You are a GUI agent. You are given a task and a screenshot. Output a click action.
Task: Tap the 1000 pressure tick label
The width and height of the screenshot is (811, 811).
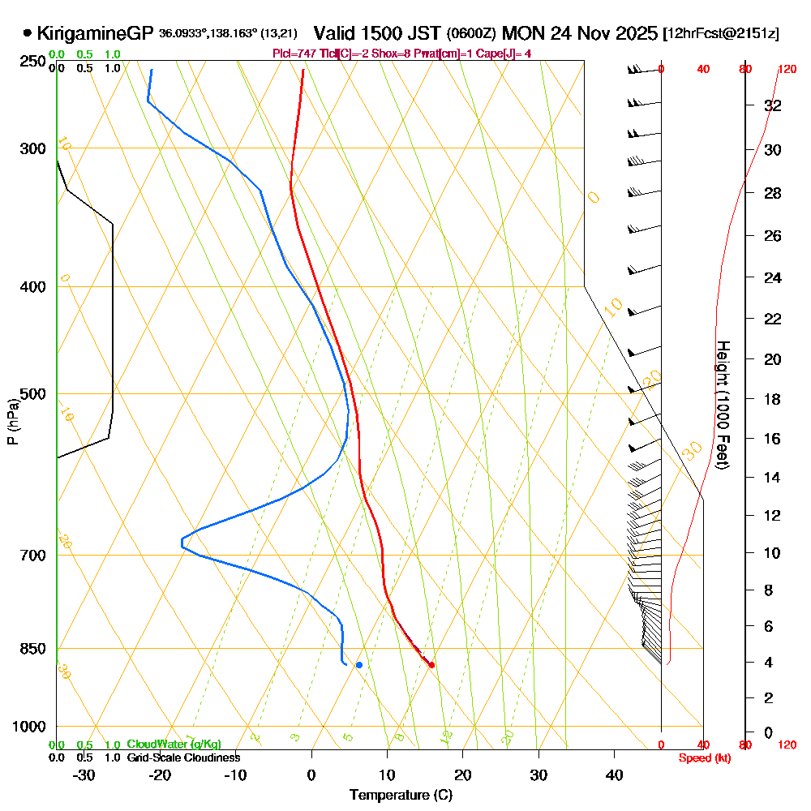pos(28,727)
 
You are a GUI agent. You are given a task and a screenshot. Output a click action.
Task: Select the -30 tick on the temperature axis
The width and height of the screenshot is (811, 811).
pos(84,775)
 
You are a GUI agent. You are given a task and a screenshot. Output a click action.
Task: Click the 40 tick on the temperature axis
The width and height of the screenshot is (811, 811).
pos(615,775)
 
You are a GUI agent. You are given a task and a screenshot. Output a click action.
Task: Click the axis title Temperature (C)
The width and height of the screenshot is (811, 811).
pos(401,795)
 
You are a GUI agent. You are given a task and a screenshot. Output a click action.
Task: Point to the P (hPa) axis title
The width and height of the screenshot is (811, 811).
pos(13,420)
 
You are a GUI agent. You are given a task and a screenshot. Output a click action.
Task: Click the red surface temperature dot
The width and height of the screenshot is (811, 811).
pos(431,665)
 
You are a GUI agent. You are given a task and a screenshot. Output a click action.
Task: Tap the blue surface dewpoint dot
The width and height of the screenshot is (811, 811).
pos(358,665)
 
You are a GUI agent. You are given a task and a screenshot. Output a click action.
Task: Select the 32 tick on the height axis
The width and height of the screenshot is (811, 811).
pos(773,105)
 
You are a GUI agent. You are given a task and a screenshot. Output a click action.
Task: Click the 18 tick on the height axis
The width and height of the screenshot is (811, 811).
pos(773,399)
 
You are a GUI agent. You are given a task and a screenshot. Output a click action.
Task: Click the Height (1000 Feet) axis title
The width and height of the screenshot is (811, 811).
pos(723,404)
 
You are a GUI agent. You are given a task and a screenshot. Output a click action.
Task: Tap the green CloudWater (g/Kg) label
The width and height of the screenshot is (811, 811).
pos(174,744)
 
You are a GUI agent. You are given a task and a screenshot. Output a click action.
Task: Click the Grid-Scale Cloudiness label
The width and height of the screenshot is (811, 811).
pos(182,757)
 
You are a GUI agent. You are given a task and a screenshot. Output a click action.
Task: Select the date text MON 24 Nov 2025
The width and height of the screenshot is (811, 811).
pos(579,34)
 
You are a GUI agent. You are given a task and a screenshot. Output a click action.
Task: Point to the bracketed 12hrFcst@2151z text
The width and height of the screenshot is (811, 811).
pos(721,34)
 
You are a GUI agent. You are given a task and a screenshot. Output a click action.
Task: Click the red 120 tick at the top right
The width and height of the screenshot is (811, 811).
pos(786,70)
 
